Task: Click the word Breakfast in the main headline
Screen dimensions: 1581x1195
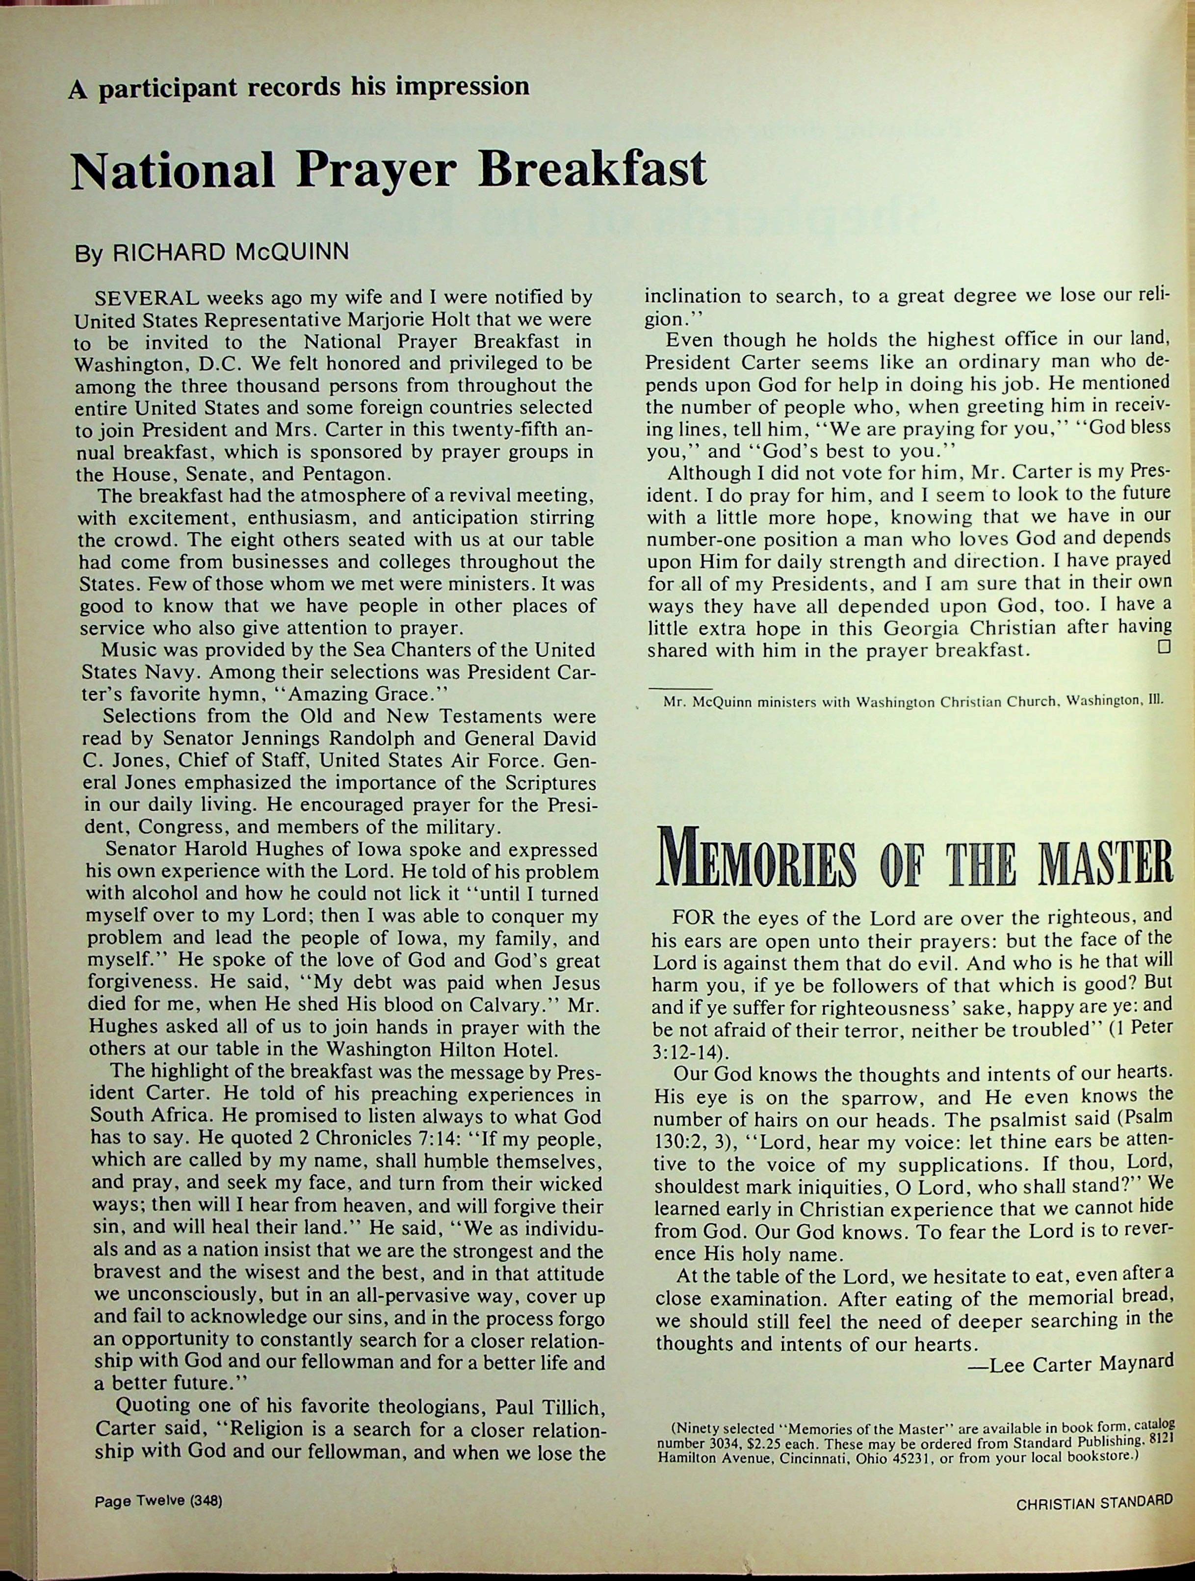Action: click(593, 169)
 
